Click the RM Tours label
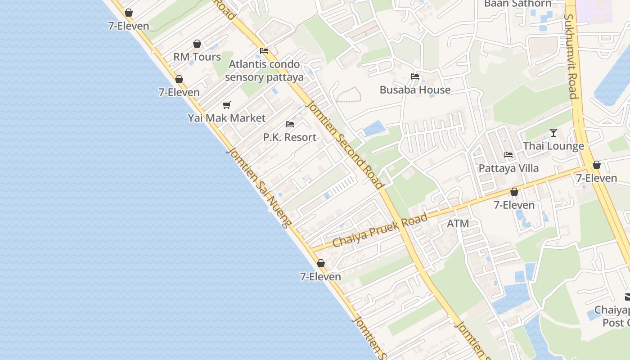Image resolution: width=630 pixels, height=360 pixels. coord(197,57)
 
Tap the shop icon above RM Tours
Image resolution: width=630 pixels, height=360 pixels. coord(197,44)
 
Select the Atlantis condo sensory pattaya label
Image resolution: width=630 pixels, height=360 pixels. coord(264,71)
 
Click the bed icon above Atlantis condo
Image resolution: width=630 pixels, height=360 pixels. coord(264,51)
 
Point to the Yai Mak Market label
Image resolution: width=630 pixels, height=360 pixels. coord(227,118)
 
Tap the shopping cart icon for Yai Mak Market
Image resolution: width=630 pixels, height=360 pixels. coord(227,105)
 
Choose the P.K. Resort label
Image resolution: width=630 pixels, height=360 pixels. coord(290,137)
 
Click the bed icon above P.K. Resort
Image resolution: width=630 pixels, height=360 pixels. coord(290,124)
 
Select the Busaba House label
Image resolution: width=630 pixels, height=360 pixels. coord(415,90)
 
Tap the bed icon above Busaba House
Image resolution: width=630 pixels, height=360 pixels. coord(415,76)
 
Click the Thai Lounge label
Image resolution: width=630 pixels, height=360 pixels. coord(553,146)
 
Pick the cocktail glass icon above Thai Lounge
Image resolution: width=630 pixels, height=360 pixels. coord(553,133)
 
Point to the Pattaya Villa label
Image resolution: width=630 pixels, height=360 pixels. coord(508,168)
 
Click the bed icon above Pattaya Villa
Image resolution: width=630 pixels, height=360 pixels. coord(508,155)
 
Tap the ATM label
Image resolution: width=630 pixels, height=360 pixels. coord(458,224)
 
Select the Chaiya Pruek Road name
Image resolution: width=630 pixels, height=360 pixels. coord(380,230)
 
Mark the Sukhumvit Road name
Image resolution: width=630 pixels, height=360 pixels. coord(571,56)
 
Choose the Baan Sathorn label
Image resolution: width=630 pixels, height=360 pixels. coord(517,4)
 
